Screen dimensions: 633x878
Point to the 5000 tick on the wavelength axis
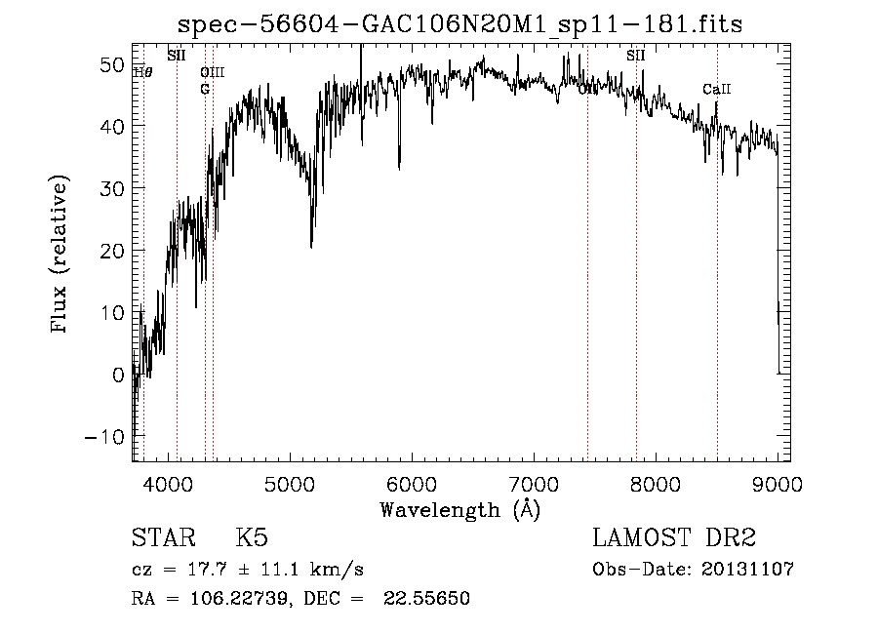289,484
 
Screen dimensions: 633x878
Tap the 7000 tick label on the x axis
534,484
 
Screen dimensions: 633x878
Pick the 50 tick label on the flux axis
110,64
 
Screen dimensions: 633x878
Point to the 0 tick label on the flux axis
117,375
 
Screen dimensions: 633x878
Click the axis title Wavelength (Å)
459,509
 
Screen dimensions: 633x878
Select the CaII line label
717,90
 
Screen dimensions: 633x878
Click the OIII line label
213,72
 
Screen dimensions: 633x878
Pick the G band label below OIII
205,89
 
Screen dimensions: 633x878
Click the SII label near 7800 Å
636,56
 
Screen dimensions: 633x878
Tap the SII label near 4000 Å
177,56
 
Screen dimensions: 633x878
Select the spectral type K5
252,539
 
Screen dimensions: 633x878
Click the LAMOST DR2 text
674,539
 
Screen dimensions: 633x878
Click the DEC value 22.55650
430,599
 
